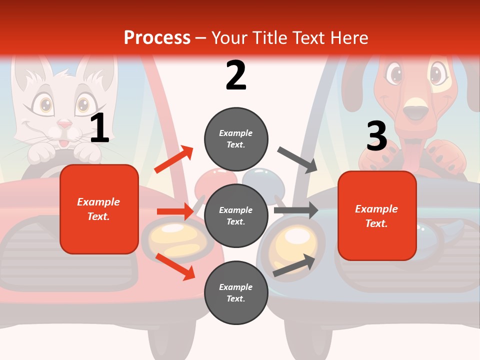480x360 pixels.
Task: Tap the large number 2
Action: pos(236,75)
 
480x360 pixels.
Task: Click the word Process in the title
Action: pos(157,37)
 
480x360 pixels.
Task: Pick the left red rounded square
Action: pos(99,209)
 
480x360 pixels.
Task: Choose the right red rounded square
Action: pos(377,216)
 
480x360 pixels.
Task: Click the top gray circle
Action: pos(236,139)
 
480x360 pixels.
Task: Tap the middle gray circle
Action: pos(236,216)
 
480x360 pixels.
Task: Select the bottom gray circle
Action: pos(236,293)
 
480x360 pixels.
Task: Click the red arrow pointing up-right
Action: pos(174,159)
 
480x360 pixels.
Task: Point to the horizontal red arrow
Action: pos(175,211)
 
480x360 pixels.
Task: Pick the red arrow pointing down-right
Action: pos(175,266)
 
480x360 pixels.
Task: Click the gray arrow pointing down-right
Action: pos(297,159)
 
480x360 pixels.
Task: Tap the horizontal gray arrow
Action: pos(296,210)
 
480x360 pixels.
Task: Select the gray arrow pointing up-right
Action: pos(294,265)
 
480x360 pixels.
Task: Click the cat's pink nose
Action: pos(64,124)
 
